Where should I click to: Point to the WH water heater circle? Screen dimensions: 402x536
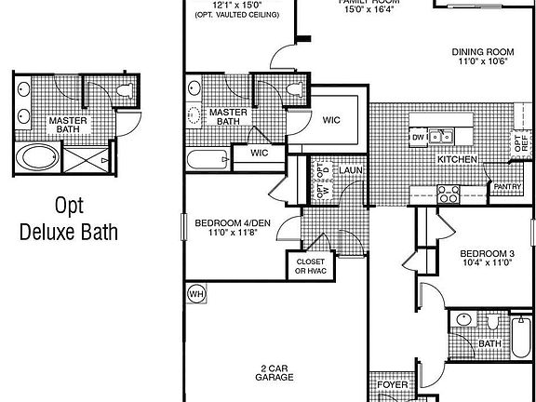[x=195, y=295]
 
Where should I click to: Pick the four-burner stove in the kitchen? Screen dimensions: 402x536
[x=447, y=194]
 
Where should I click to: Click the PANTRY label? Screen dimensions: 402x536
[x=507, y=187]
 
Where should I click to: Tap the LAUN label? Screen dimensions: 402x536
[x=350, y=171]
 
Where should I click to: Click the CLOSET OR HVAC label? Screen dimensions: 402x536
[x=310, y=267]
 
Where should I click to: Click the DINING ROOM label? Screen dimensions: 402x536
[x=484, y=52]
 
